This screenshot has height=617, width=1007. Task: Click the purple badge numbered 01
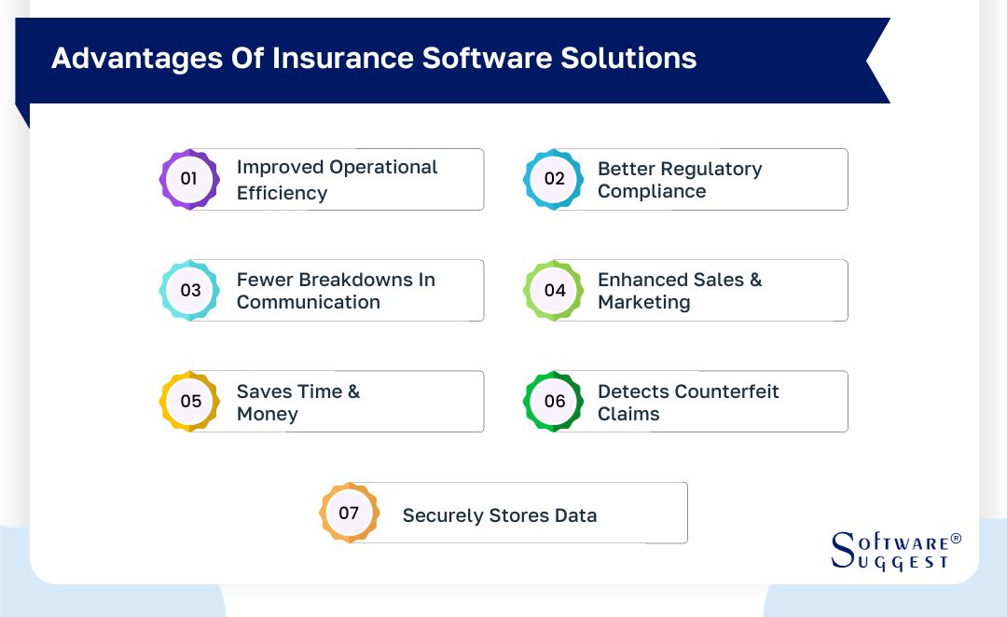pos(189,178)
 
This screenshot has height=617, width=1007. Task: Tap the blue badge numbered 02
pos(554,178)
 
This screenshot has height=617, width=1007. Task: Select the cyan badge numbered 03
pos(189,290)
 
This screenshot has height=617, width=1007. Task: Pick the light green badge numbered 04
pos(554,290)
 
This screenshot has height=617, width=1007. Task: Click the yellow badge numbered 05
pos(189,401)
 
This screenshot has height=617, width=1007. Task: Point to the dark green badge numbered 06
pos(554,401)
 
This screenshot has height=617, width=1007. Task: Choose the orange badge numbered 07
pos(349,513)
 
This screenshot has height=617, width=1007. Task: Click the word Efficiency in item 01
pos(282,193)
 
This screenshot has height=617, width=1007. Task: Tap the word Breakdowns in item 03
pos(336,280)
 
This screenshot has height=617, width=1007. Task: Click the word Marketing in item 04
pos(643,303)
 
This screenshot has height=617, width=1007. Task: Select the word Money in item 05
pos(267,415)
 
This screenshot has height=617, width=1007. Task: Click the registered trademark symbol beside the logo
pos(955,540)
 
